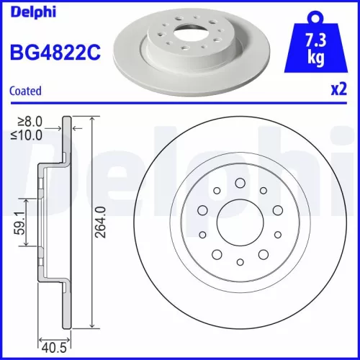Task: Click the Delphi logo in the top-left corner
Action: tap(28, 10)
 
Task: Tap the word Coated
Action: tap(25, 91)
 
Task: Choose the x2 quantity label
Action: tap(337, 91)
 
